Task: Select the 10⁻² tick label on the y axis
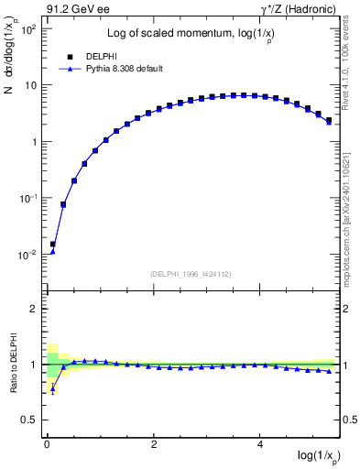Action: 27,255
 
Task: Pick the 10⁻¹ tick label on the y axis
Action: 27,199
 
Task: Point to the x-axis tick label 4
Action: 262,444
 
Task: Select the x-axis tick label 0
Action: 47,444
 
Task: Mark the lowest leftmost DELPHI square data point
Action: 52,245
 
